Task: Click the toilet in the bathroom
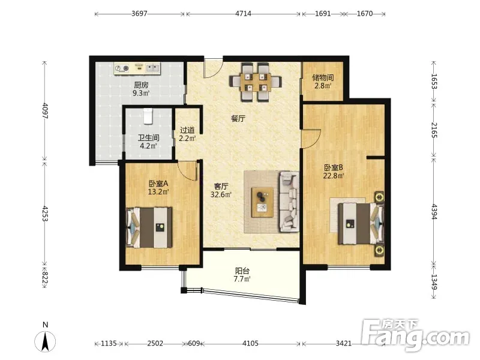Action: click(x=148, y=116)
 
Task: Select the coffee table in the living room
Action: click(x=262, y=202)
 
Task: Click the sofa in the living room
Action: click(x=289, y=202)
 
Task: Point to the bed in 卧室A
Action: click(x=149, y=227)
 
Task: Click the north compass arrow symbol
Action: click(x=46, y=341)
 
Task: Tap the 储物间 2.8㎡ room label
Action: click(x=323, y=82)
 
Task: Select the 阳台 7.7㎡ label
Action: click(x=242, y=275)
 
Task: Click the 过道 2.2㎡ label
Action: click(x=187, y=134)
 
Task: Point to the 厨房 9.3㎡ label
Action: click(x=141, y=89)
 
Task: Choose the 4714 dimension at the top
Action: click(x=244, y=14)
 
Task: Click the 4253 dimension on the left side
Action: click(x=45, y=214)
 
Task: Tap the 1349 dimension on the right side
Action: click(x=434, y=282)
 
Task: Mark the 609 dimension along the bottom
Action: click(x=194, y=343)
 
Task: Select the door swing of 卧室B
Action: click(x=311, y=139)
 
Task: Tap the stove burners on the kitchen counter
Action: click(x=122, y=68)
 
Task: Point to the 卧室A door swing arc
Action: click(x=187, y=171)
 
